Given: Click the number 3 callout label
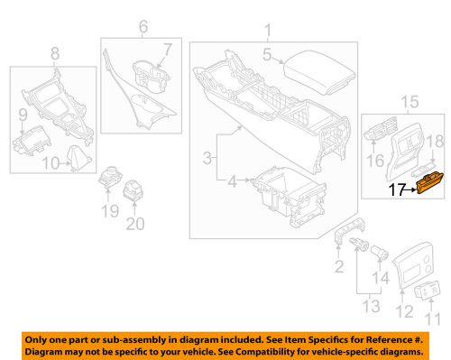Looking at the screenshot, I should (210, 160).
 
